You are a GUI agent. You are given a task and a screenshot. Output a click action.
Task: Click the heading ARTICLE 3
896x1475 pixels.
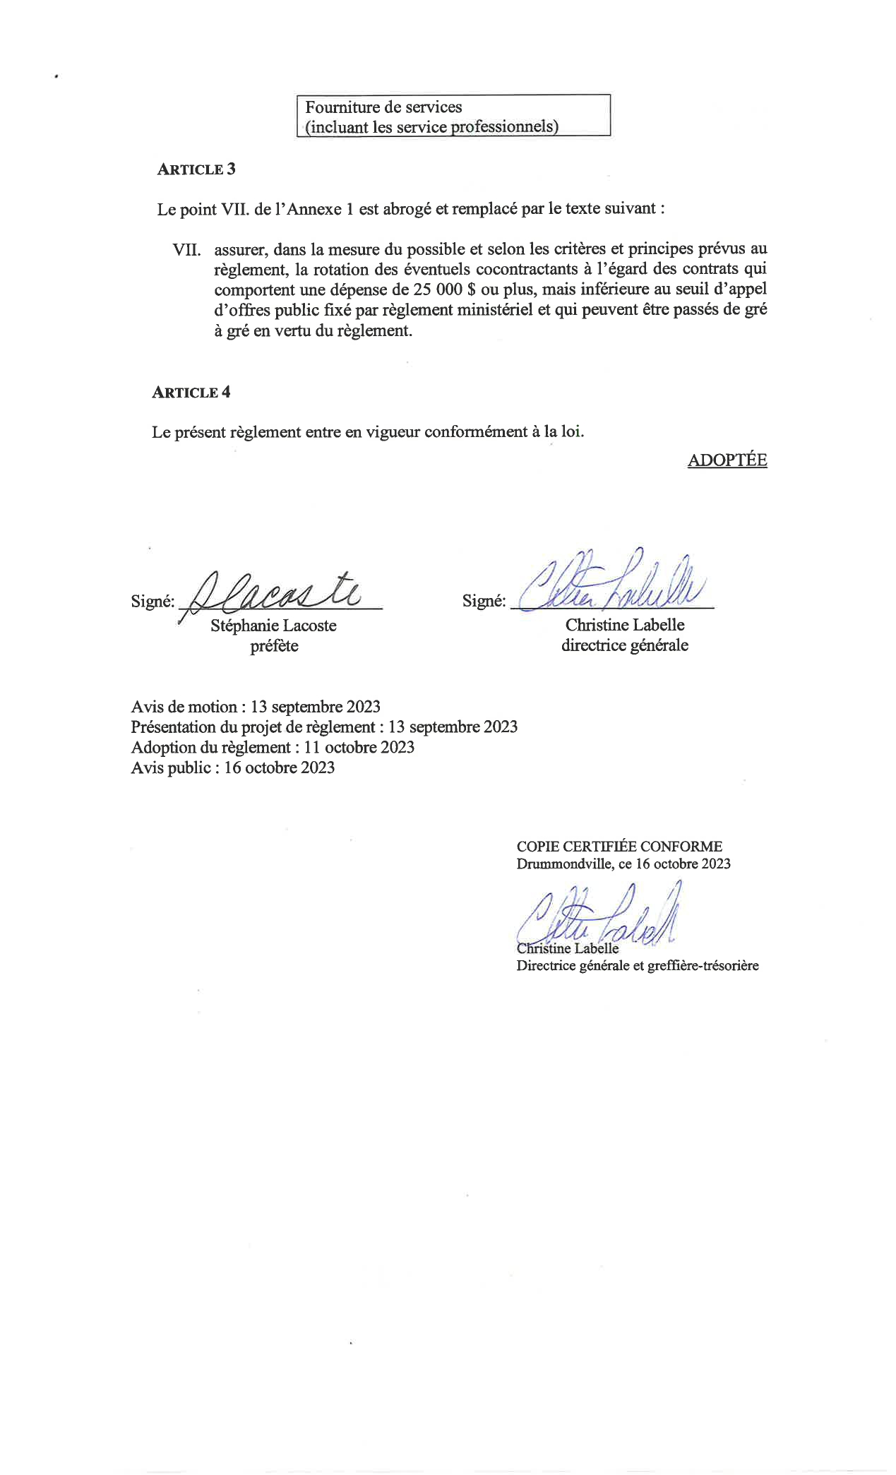(x=196, y=169)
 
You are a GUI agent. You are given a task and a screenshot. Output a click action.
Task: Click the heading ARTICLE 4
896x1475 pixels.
(x=191, y=393)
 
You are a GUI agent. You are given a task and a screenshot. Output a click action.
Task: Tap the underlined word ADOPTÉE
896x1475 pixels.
(x=727, y=460)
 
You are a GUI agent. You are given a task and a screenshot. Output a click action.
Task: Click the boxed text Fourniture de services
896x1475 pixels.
(x=383, y=107)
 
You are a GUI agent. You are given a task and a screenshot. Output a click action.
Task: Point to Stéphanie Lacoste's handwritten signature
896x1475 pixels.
(x=275, y=593)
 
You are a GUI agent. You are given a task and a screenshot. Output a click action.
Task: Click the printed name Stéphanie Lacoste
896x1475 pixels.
(x=273, y=626)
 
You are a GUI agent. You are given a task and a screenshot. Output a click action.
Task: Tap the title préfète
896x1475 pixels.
(x=274, y=646)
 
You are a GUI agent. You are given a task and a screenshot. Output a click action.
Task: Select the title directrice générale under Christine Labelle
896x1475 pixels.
(x=624, y=645)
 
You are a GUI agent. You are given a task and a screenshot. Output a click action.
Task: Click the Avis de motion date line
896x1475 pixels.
(x=256, y=707)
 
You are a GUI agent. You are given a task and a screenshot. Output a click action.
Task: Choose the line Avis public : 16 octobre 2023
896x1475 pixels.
(x=232, y=768)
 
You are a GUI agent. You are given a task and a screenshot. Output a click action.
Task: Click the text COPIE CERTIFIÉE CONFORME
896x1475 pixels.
(x=619, y=846)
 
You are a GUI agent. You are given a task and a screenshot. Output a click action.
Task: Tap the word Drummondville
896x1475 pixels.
(x=564, y=864)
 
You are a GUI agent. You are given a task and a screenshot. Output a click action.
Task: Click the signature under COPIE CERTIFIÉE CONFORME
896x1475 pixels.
(x=600, y=918)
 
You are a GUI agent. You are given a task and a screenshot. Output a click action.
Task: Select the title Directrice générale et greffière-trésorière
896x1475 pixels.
(x=637, y=965)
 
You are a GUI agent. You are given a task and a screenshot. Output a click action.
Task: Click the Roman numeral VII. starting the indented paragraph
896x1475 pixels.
(x=187, y=249)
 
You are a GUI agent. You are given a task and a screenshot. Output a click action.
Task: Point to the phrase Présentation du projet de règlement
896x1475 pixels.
(x=253, y=727)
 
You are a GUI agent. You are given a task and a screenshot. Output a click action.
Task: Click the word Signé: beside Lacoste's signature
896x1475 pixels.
(x=153, y=602)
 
